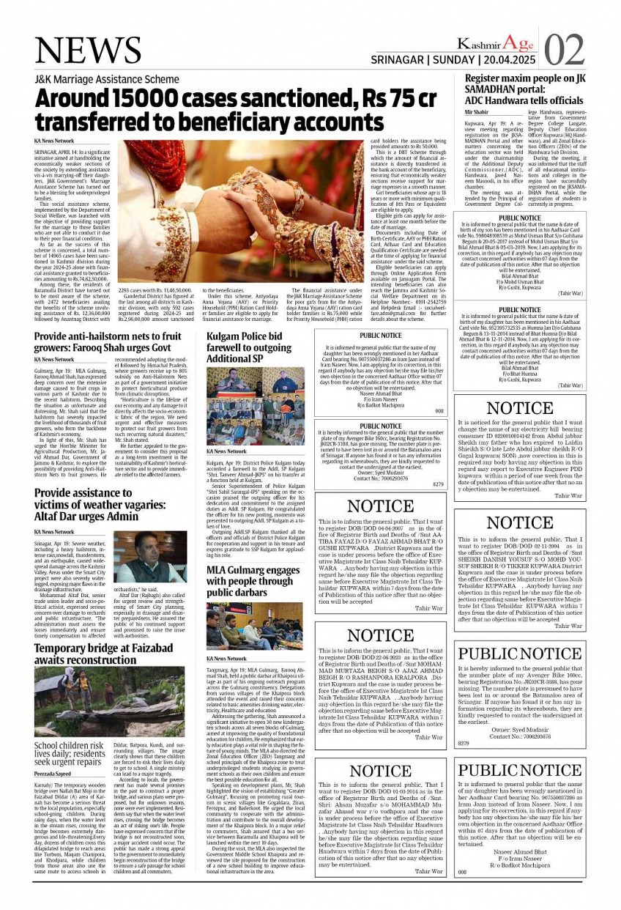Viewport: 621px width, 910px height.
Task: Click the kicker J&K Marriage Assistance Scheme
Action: pos(106,79)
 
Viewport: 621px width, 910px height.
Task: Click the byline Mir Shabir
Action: pos(476,112)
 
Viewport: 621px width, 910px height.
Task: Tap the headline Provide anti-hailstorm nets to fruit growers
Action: pos(108,342)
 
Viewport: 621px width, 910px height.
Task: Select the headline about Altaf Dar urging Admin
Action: pos(99,506)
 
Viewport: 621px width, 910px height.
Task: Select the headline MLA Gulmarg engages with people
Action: pos(253,580)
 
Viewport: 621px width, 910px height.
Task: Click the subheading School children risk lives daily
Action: pos(70,754)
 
